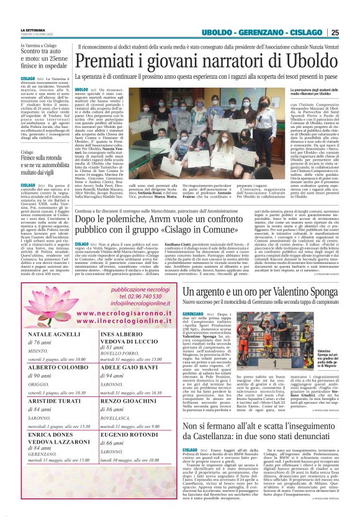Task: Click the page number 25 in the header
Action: pyautogui.click(x=335, y=33)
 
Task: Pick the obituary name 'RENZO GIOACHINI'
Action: pyautogui.click(x=128, y=400)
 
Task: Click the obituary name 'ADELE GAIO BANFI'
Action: pyautogui.click(x=129, y=367)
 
